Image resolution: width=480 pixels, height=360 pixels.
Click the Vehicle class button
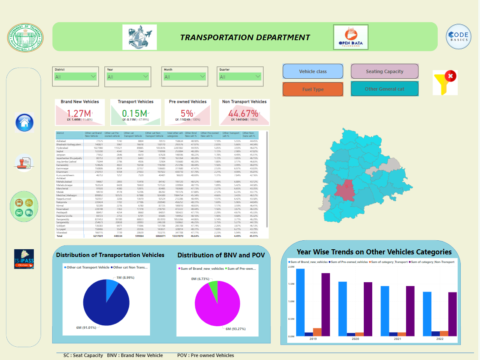tap(312, 71)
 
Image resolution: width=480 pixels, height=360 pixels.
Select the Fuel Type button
tap(312, 89)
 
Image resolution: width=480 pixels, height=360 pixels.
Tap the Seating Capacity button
tap(384, 71)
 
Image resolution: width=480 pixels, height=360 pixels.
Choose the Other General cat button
tap(384, 89)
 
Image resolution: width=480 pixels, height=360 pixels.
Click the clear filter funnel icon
tap(445, 82)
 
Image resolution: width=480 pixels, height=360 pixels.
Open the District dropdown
tap(76, 77)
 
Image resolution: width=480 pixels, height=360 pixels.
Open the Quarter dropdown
tap(240, 77)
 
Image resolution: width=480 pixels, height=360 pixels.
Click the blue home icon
tap(24, 123)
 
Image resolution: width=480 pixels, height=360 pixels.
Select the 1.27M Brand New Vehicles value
tap(79, 113)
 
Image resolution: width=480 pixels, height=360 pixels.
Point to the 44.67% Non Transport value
tap(243, 113)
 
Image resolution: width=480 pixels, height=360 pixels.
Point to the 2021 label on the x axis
tap(398, 339)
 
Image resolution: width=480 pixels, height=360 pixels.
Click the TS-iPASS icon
tap(24, 259)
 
